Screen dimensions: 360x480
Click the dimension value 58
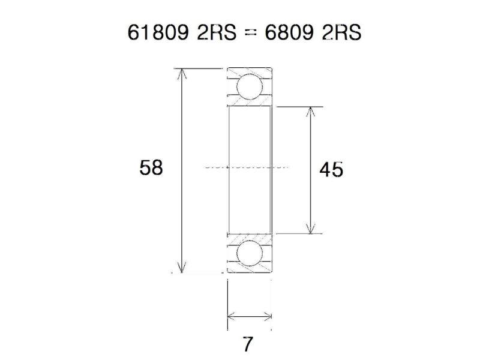pyautogui.click(x=151, y=167)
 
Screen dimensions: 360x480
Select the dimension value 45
pyautogui.click(x=331, y=170)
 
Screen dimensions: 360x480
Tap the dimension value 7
pyautogui.click(x=248, y=344)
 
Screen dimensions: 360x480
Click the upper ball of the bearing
pyautogui.click(x=249, y=86)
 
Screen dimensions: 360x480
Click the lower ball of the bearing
pyautogui.click(x=249, y=254)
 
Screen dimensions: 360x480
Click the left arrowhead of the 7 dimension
pyautogui.click(x=232, y=316)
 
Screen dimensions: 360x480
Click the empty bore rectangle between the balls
pyautogui.click(x=250, y=138)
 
